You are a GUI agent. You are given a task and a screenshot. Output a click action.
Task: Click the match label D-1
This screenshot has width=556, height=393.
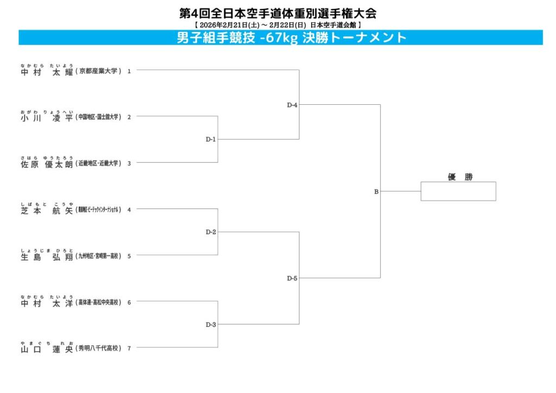coord(211,140)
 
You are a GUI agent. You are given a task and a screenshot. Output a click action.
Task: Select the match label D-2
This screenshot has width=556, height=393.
coord(211,232)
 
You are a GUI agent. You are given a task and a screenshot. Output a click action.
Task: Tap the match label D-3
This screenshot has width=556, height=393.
coord(211,325)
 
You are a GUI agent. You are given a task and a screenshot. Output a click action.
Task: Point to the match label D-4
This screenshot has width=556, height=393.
coord(292,105)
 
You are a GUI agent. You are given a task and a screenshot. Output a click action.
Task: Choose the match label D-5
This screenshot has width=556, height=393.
coord(292,278)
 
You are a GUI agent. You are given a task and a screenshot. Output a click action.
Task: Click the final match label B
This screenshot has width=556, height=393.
coord(376,192)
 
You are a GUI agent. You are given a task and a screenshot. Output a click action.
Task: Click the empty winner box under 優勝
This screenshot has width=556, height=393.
coord(458,191)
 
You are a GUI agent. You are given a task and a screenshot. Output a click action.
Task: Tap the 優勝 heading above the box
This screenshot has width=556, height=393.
coord(458,176)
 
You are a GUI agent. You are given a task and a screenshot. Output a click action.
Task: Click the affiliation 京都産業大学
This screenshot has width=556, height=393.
coord(98,71)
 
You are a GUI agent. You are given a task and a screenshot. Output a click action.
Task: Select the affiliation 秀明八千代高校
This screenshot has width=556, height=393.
coord(98,348)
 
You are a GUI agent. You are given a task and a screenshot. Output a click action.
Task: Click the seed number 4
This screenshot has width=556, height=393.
coord(129,210)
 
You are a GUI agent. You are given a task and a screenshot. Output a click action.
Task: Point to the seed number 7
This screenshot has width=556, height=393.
coord(129,348)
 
